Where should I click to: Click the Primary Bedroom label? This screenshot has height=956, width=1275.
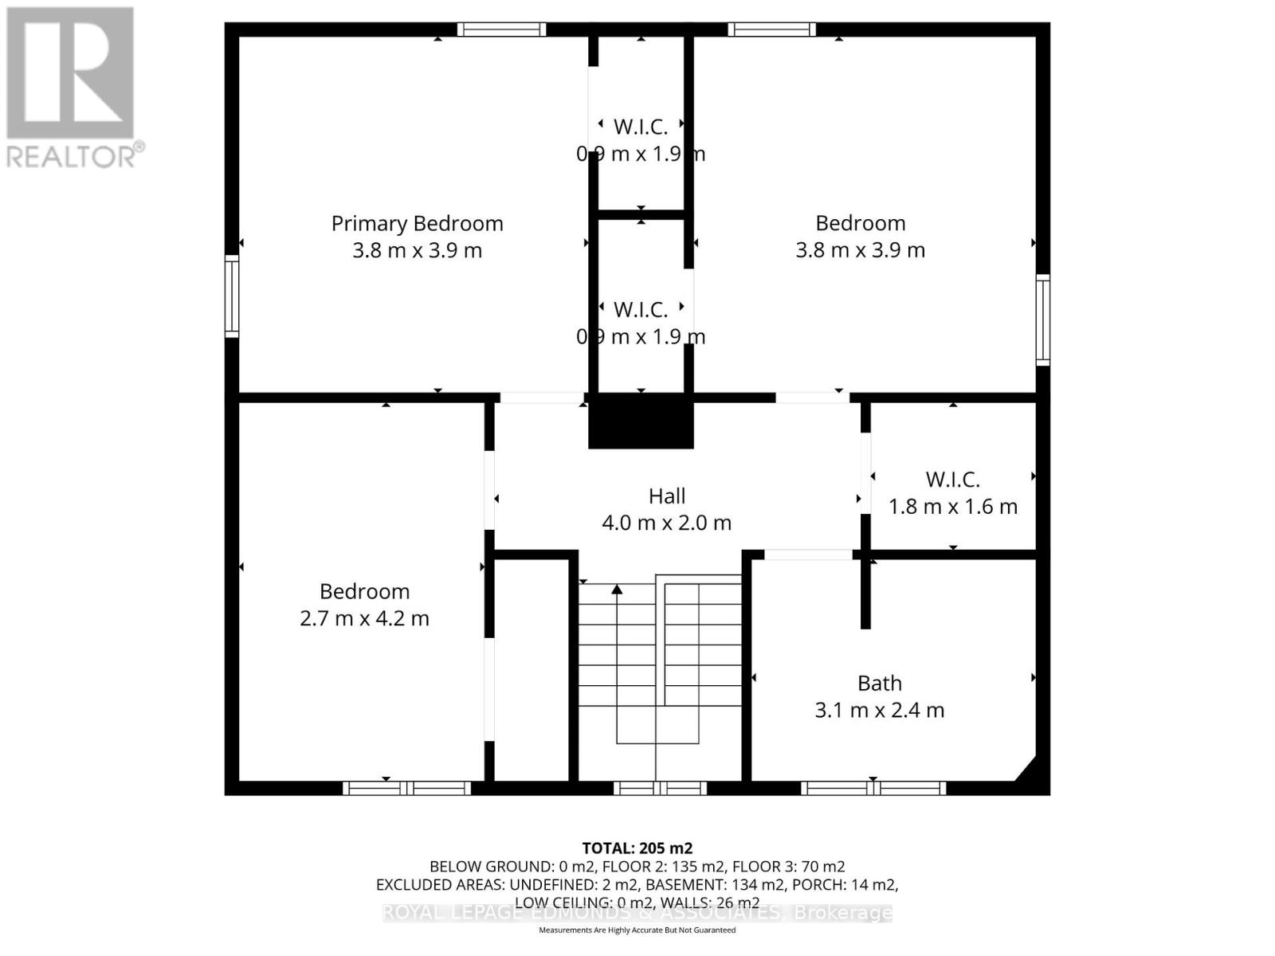(417, 223)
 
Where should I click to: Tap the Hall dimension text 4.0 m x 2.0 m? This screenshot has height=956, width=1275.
(666, 523)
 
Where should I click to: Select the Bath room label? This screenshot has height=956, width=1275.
(880, 683)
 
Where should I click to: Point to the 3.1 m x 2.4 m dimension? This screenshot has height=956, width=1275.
(879, 710)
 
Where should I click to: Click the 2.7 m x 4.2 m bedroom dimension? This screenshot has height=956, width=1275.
(364, 618)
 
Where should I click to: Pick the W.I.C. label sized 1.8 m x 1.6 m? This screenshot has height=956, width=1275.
(952, 480)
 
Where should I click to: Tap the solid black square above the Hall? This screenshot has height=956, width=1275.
(641, 422)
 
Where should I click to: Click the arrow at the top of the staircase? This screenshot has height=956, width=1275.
(617, 590)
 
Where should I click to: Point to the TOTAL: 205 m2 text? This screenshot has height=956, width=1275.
(637, 848)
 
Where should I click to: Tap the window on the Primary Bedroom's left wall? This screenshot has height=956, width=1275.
(232, 296)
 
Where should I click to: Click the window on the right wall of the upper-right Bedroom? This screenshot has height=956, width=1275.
(1042, 319)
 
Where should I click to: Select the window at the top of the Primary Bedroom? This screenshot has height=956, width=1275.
(501, 29)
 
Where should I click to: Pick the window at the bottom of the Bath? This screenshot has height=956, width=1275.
(873, 788)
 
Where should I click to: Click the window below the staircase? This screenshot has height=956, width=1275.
(660, 788)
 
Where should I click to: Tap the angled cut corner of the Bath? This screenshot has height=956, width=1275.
(1026, 770)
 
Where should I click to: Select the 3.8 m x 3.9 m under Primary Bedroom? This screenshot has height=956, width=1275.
(417, 250)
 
